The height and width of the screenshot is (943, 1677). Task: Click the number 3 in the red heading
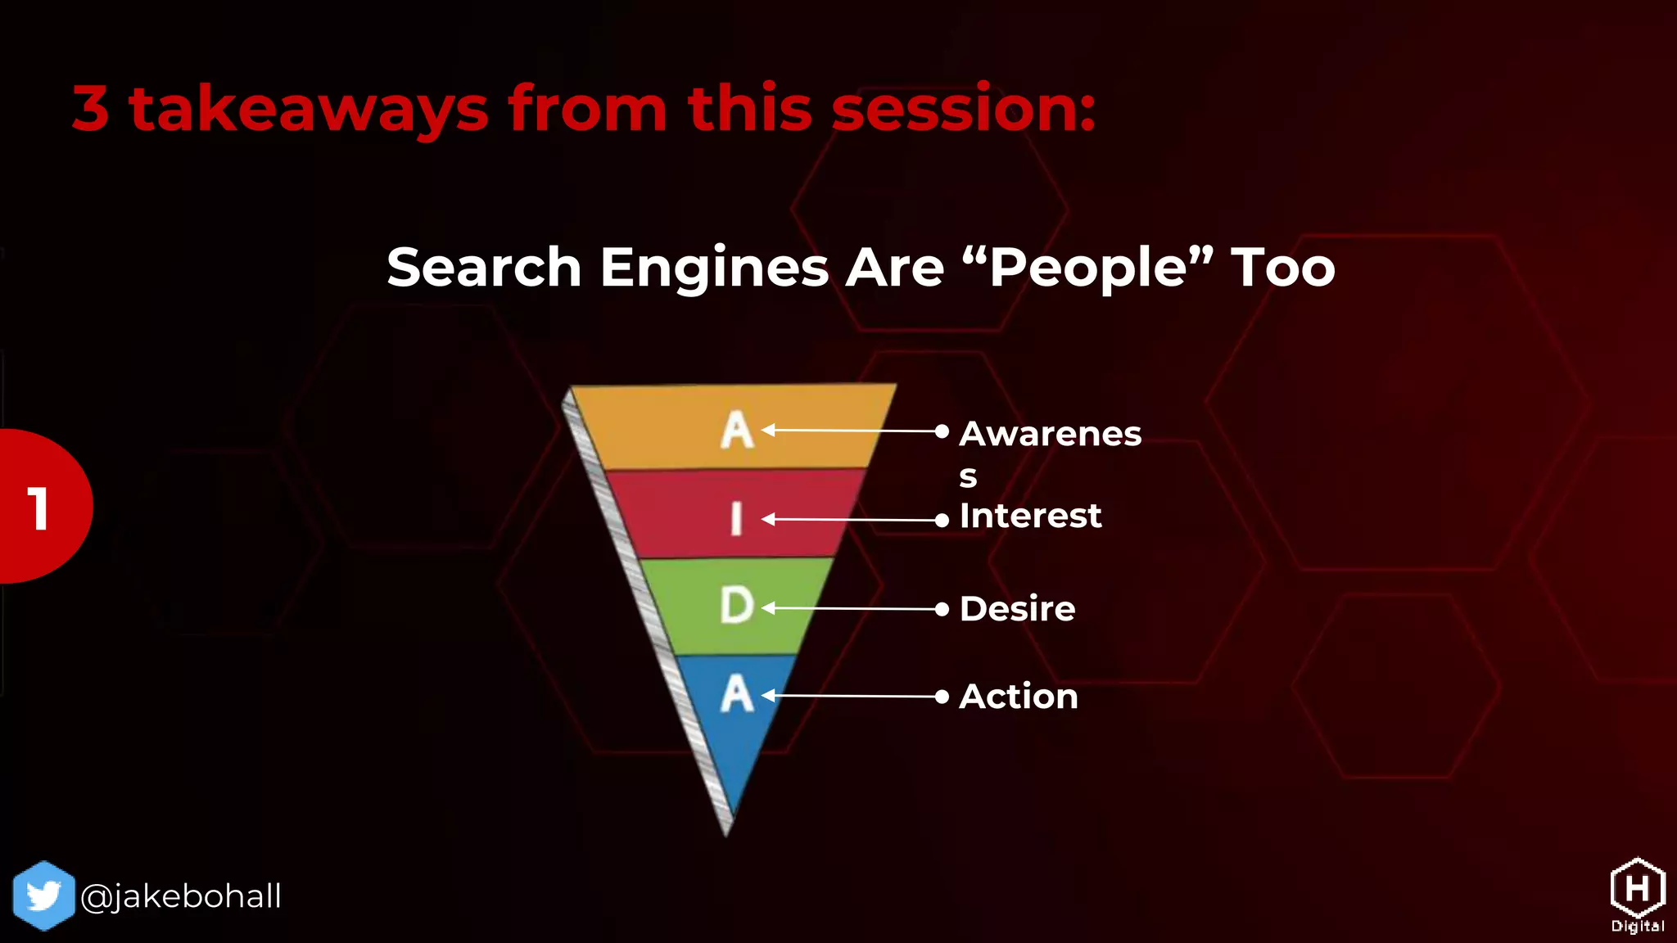pyautogui.click(x=91, y=109)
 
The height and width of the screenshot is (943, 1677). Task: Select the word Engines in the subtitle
pyautogui.click(x=714, y=268)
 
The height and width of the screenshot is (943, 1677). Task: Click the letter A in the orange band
pyautogui.click(x=736, y=431)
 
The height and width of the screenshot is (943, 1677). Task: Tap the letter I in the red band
pyautogui.click(x=736, y=519)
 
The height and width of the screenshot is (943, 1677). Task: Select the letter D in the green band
pyautogui.click(x=736, y=607)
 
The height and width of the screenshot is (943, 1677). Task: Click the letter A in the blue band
pyautogui.click(x=736, y=695)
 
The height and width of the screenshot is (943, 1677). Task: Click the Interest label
pyautogui.click(x=1029, y=517)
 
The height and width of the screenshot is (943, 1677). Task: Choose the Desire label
pyautogui.click(x=1017, y=609)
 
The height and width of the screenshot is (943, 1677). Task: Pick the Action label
pyautogui.click(x=1018, y=697)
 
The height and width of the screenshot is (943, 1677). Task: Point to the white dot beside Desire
pyautogui.click(x=942, y=609)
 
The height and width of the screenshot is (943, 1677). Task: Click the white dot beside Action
pyautogui.click(x=942, y=697)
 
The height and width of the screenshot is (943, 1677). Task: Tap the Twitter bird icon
pyautogui.click(x=43, y=896)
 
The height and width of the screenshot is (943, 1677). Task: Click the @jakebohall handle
pyautogui.click(x=181, y=896)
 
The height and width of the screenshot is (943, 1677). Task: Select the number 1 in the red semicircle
pyautogui.click(x=38, y=508)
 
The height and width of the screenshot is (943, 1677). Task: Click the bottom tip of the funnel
pyautogui.click(x=726, y=831)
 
